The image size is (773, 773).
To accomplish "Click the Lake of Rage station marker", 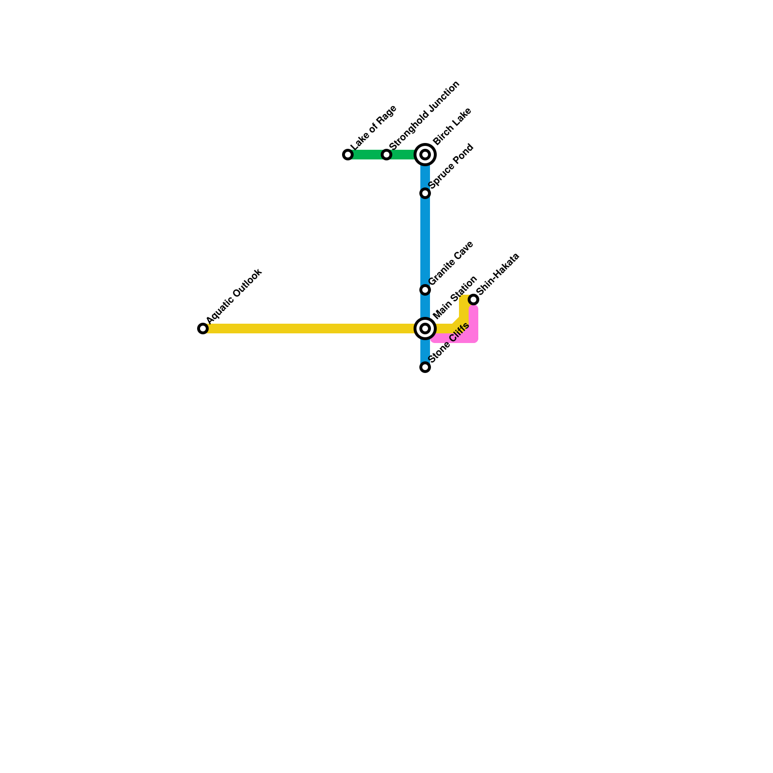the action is pyautogui.click(x=348, y=155).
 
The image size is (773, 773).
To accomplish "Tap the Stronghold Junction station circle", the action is pyautogui.click(x=386, y=155).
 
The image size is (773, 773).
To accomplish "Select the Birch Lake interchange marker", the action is pyautogui.click(x=425, y=155).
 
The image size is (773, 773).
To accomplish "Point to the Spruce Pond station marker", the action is pyautogui.click(x=425, y=193).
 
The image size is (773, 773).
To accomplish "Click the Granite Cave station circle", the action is pyautogui.click(x=425, y=290).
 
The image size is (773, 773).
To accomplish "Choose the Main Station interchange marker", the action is pyautogui.click(x=425, y=329).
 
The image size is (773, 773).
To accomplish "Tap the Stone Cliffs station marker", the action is pyautogui.click(x=425, y=367).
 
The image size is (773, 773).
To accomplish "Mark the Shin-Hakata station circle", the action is pyautogui.click(x=473, y=300).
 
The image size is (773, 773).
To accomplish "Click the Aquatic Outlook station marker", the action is pyautogui.click(x=203, y=329).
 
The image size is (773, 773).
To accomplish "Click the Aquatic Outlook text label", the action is pyautogui.click(x=234, y=296).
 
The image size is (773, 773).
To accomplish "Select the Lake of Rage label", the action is pyautogui.click(x=373, y=128).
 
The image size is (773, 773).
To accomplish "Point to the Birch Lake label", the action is pyautogui.click(x=452, y=127).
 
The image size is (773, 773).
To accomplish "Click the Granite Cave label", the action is pyautogui.click(x=451, y=263).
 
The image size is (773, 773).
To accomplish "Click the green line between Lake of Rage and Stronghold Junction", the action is pyautogui.click(x=367, y=155).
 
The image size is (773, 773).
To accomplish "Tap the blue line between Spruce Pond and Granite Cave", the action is pyautogui.click(x=425, y=242).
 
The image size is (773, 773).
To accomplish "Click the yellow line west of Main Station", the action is pyautogui.click(x=309, y=329).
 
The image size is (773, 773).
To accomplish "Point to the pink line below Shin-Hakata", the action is pyautogui.click(x=473, y=324).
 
